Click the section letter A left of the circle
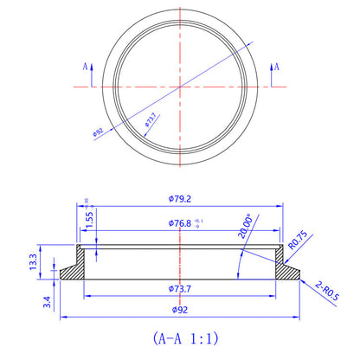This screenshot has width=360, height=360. (84, 66)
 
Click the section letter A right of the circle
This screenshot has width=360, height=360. (274, 66)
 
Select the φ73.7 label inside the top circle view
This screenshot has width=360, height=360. (150, 119)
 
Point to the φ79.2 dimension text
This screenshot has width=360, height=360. (180, 197)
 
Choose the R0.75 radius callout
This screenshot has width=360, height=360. (299, 238)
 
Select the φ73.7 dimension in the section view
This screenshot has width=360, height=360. (180, 287)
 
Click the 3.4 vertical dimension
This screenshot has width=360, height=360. (32, 303)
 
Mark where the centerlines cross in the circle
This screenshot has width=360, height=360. (180, 87)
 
